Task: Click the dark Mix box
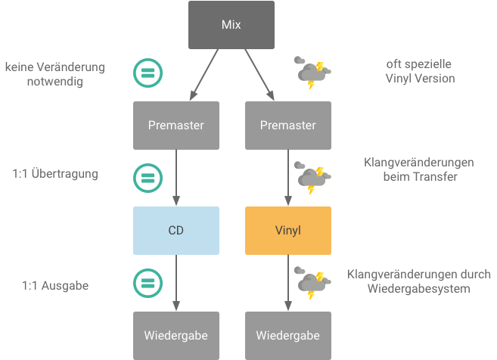[231, 25]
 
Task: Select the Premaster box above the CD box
[176, 126]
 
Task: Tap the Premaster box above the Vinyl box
[287, 126]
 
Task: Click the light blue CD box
[176, 230]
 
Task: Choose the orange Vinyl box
[287, 230]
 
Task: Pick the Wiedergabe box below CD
[176, 335]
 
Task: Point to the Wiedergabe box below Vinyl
[287, 335]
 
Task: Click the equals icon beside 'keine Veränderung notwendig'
[148, 73]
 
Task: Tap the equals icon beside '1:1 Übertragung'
[148, 178]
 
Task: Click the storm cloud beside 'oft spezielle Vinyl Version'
[312, 73]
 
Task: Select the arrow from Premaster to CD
[176, 177]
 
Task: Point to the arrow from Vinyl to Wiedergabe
[287, 282]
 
